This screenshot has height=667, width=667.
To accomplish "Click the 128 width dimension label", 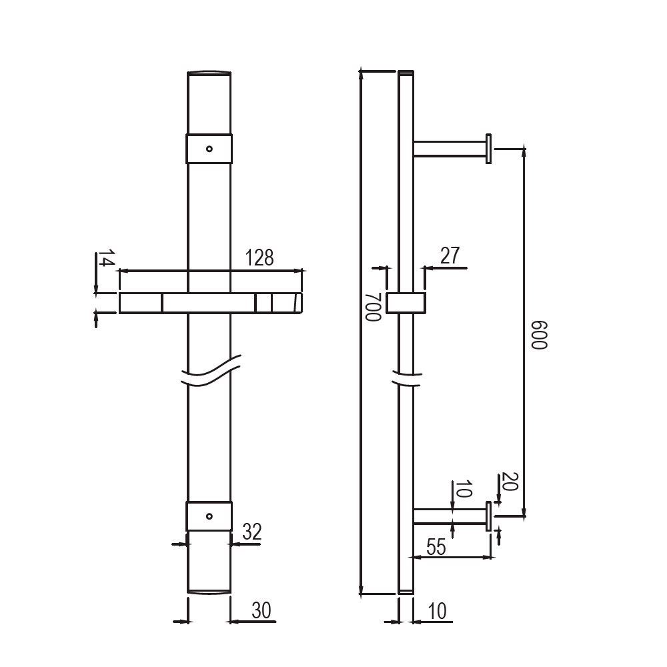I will [x=259, y=257].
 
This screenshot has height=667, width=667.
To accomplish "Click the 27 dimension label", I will [x=451, y=255].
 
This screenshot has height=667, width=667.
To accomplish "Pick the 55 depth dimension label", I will [x=436, y=547].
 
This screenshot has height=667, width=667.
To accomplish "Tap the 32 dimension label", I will [x=251, y=532].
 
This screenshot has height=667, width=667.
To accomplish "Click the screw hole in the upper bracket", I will [x=209, y=149].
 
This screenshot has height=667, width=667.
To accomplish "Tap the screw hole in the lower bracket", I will [x=209, y=516].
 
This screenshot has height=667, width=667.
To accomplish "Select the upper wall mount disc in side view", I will [x=489, y=148].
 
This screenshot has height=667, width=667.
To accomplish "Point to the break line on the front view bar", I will [x=209, y=374].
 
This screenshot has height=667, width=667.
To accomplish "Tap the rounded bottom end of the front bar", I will [x=209, y=591].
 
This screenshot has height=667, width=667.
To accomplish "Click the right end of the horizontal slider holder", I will [x=297, y=303].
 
